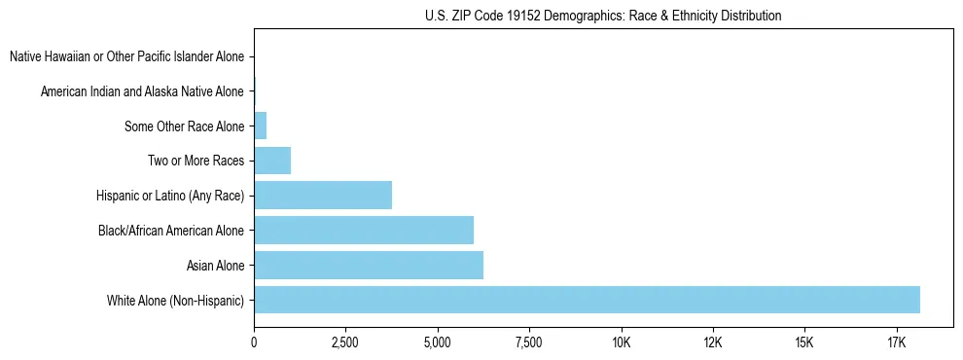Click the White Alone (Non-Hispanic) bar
pos(587,300)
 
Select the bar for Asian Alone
pos(369,265)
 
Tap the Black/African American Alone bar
pos(364,231)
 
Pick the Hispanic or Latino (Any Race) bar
pos(323,196)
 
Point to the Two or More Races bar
pos(272,161)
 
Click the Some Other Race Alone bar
pos(260,126)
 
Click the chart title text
pos(603,16)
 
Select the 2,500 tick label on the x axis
pos(345,342)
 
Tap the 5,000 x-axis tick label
pos(438,342)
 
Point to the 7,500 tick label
pos(529,342)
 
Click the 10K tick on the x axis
pos(622,342)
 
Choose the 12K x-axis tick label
pos(713,342)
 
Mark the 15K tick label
pos(804,342)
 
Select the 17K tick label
pos(897,342)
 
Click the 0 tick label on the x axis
pos(254,342)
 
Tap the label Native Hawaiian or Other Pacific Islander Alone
pos(126,56)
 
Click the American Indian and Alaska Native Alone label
pos(142,91)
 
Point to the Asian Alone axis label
pos(215,265)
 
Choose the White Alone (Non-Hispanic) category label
pos(176,300)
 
